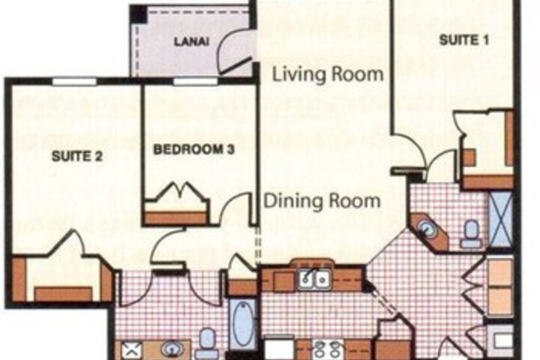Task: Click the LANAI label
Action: point(191,42)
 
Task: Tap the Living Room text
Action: point(328,74)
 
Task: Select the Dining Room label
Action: point(322,201)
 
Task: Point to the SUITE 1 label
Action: point(464,40)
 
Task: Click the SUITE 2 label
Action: point(77,157)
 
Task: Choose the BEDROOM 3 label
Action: point(194,149)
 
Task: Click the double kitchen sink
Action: point(314,279)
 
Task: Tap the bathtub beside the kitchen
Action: point(242,323)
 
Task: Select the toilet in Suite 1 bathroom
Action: point(472,233)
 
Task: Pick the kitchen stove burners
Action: point(328,349)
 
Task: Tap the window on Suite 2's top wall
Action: point(74,82)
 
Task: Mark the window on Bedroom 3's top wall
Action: point(195,82)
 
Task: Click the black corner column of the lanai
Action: point(139,14)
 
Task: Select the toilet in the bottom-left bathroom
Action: point(206,343)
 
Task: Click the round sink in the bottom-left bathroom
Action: point(171,349)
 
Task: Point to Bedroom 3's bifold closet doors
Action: point(177,195)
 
